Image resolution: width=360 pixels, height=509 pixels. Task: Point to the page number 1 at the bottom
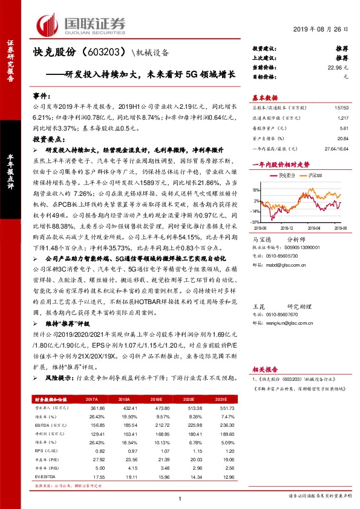(x=180, y=498)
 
